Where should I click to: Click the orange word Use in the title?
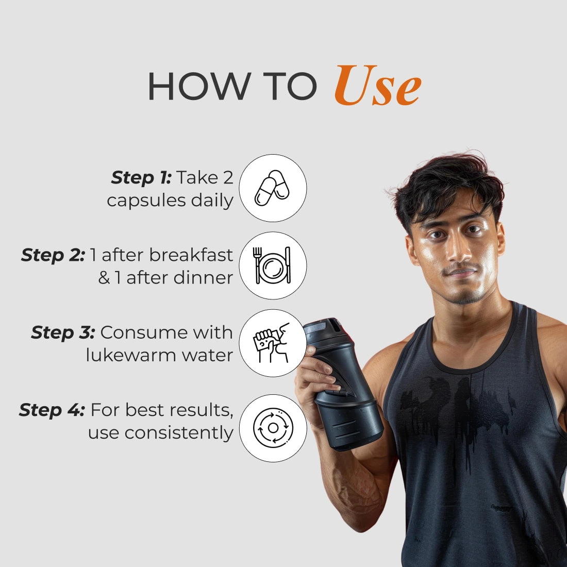click(377, 86)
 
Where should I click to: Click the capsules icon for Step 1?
click(272, 188)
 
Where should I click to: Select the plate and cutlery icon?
click(272, 265)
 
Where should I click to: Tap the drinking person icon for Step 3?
click(272, 343)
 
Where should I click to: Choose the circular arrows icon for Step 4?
click(273, 428)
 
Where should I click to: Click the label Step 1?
click(141, 177)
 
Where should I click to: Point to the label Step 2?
click(53, 255)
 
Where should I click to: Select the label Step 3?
click(63, 332)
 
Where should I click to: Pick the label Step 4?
click(52, 410)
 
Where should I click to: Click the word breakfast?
click(191, 255)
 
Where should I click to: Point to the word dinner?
click(203, 278)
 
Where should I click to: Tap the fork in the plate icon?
click(257, 265)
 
